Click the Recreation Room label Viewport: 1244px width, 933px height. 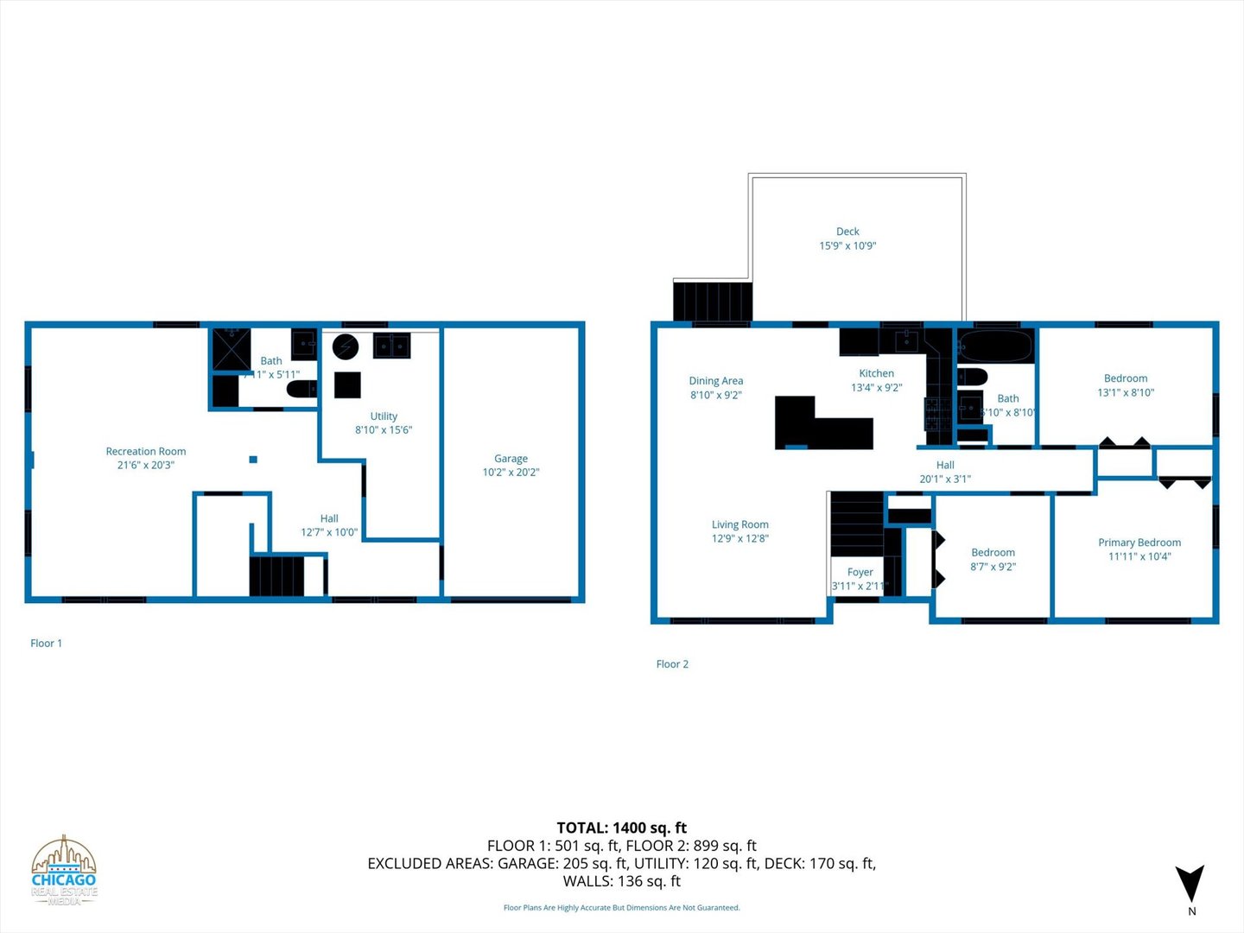145,451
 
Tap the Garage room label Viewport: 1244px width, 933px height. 511,459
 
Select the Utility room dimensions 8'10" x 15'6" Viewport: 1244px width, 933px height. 384,430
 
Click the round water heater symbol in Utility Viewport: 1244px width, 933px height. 346,346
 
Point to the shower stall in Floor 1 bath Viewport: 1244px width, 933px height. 232,349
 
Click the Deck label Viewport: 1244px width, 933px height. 847,232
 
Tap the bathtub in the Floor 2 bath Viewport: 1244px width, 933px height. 995,346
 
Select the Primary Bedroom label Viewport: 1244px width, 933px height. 1139,543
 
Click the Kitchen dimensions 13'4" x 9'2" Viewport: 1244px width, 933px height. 876,388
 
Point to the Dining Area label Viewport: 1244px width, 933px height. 715,381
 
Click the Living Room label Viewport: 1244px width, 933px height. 739,524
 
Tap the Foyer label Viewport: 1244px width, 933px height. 860,572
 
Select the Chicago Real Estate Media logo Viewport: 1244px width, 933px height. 64,871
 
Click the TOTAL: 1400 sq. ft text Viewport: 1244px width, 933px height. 621,828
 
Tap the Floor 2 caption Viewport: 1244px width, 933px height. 672,664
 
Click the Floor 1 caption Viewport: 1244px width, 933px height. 46,644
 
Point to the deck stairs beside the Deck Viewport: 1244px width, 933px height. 712,301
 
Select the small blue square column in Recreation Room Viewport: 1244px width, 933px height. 253,460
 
